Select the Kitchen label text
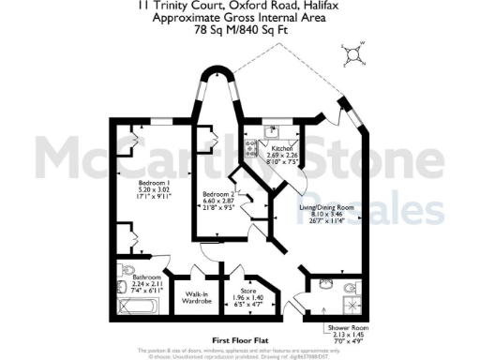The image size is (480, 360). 283,150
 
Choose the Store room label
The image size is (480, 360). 249,292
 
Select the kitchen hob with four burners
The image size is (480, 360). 251,147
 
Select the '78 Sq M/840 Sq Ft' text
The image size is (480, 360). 239,28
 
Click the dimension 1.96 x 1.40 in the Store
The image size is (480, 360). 249,299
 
